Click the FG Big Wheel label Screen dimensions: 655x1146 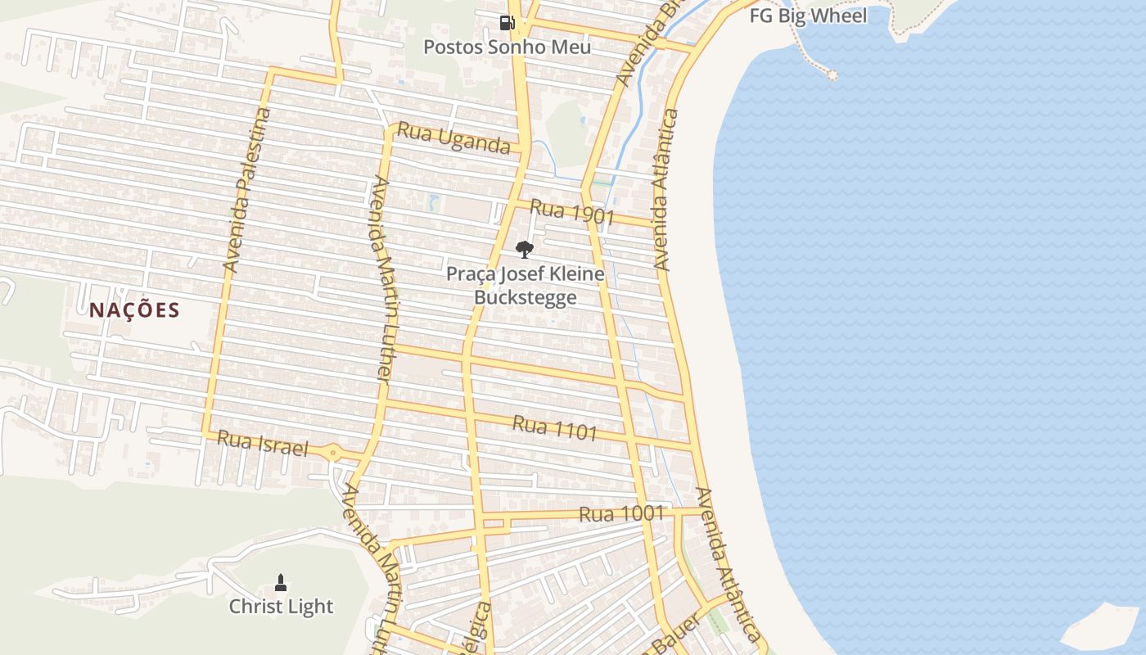pyautogui.click(x=808, y=16)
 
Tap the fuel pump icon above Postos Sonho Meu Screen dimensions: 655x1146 pyautogui.click(x=507, y=22)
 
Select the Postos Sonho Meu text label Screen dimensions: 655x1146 pyautogui.click(x=507, y=47)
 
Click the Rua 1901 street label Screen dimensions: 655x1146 pyautogui.click(x=571, y=212)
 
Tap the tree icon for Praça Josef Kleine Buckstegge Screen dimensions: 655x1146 pyautogui.click(x=525, y=249)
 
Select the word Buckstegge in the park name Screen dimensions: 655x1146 pyautogui.click(x=525, y=297)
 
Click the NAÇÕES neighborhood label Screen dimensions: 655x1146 pyautogui.click(x=134, y=310)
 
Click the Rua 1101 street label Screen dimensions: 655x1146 pyautogui.click(x=554, y=427)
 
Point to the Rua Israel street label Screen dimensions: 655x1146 pyautogui.click(x=262, y=444)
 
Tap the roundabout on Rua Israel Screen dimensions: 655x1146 pyautogui.click(x=333, y=452)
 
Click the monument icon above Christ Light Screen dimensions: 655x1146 pyautogui.click(x=281, y=583)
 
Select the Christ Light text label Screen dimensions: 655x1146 pyautogui.click(x=281, y=607)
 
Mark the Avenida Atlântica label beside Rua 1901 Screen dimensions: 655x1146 pyautogui.click(x=665, y=190)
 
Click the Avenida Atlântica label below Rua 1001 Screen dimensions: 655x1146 pyautogui.click(x=728, y=565)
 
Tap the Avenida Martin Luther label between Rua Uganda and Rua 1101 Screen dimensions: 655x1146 pyautogui.click(x=381, y=278)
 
